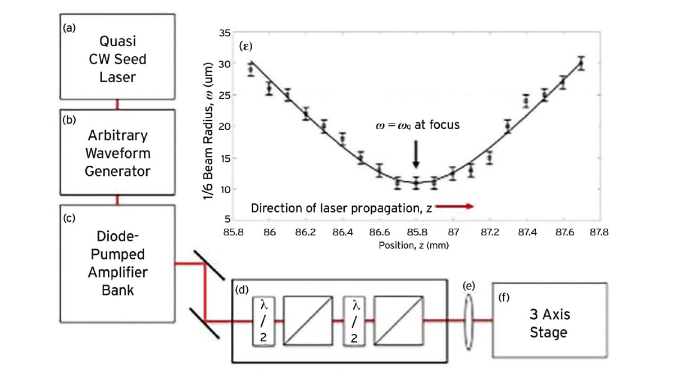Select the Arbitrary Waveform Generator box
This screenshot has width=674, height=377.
pos(117,153)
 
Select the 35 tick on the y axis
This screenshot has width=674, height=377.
pos(224,33)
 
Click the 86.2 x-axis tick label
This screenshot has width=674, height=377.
pos(306,231)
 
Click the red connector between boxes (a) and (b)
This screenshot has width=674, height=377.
pos(117,104)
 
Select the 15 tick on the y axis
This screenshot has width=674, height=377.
pos(224,158)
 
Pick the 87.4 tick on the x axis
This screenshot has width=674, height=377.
pos(526,231)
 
